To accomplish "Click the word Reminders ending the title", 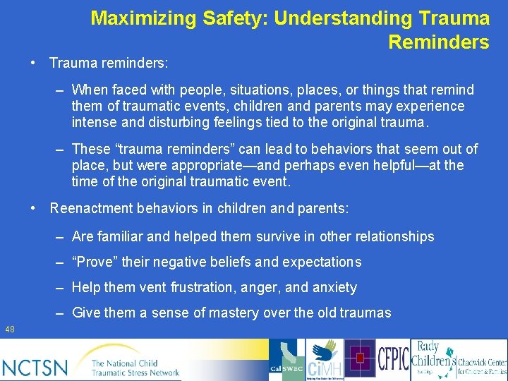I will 438,42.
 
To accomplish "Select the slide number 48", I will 10,329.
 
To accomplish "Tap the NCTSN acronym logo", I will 35,367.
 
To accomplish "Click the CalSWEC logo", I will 286,360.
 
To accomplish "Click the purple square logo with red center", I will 360,358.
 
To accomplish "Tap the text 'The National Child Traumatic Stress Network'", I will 134,367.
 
